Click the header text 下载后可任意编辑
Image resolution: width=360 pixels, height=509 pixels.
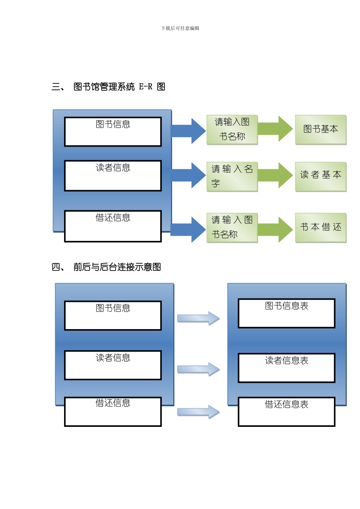(180, 28)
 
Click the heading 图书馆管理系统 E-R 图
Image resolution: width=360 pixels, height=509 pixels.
(119, 87)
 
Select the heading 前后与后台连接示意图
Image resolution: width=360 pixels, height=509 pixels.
(117, 267)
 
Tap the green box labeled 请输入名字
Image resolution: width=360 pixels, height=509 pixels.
(232, 176)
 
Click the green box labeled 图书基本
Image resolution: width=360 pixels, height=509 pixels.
(321, 130)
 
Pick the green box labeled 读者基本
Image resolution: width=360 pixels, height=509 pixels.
(321, 176)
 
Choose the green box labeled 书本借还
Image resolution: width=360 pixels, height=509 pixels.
(321, 227)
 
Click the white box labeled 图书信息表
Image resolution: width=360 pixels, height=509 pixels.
(286, 313)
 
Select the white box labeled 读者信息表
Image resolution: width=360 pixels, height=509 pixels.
(286, 368)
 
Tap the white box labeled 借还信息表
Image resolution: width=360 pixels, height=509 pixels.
(286, 411)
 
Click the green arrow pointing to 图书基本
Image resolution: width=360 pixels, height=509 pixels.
(275, 129)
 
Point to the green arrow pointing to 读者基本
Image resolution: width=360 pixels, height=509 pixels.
(275, 175)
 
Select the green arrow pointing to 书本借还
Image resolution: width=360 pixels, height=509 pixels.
(275, 230)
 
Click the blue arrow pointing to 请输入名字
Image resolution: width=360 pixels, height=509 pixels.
(189, 175)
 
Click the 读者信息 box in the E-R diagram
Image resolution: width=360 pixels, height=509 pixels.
(113, 176)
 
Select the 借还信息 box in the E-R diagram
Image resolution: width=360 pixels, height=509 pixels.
(113, 226)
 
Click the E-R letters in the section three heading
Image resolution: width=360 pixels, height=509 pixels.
(146, 87)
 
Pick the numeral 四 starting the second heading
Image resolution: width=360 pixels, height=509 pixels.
(56, 267)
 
